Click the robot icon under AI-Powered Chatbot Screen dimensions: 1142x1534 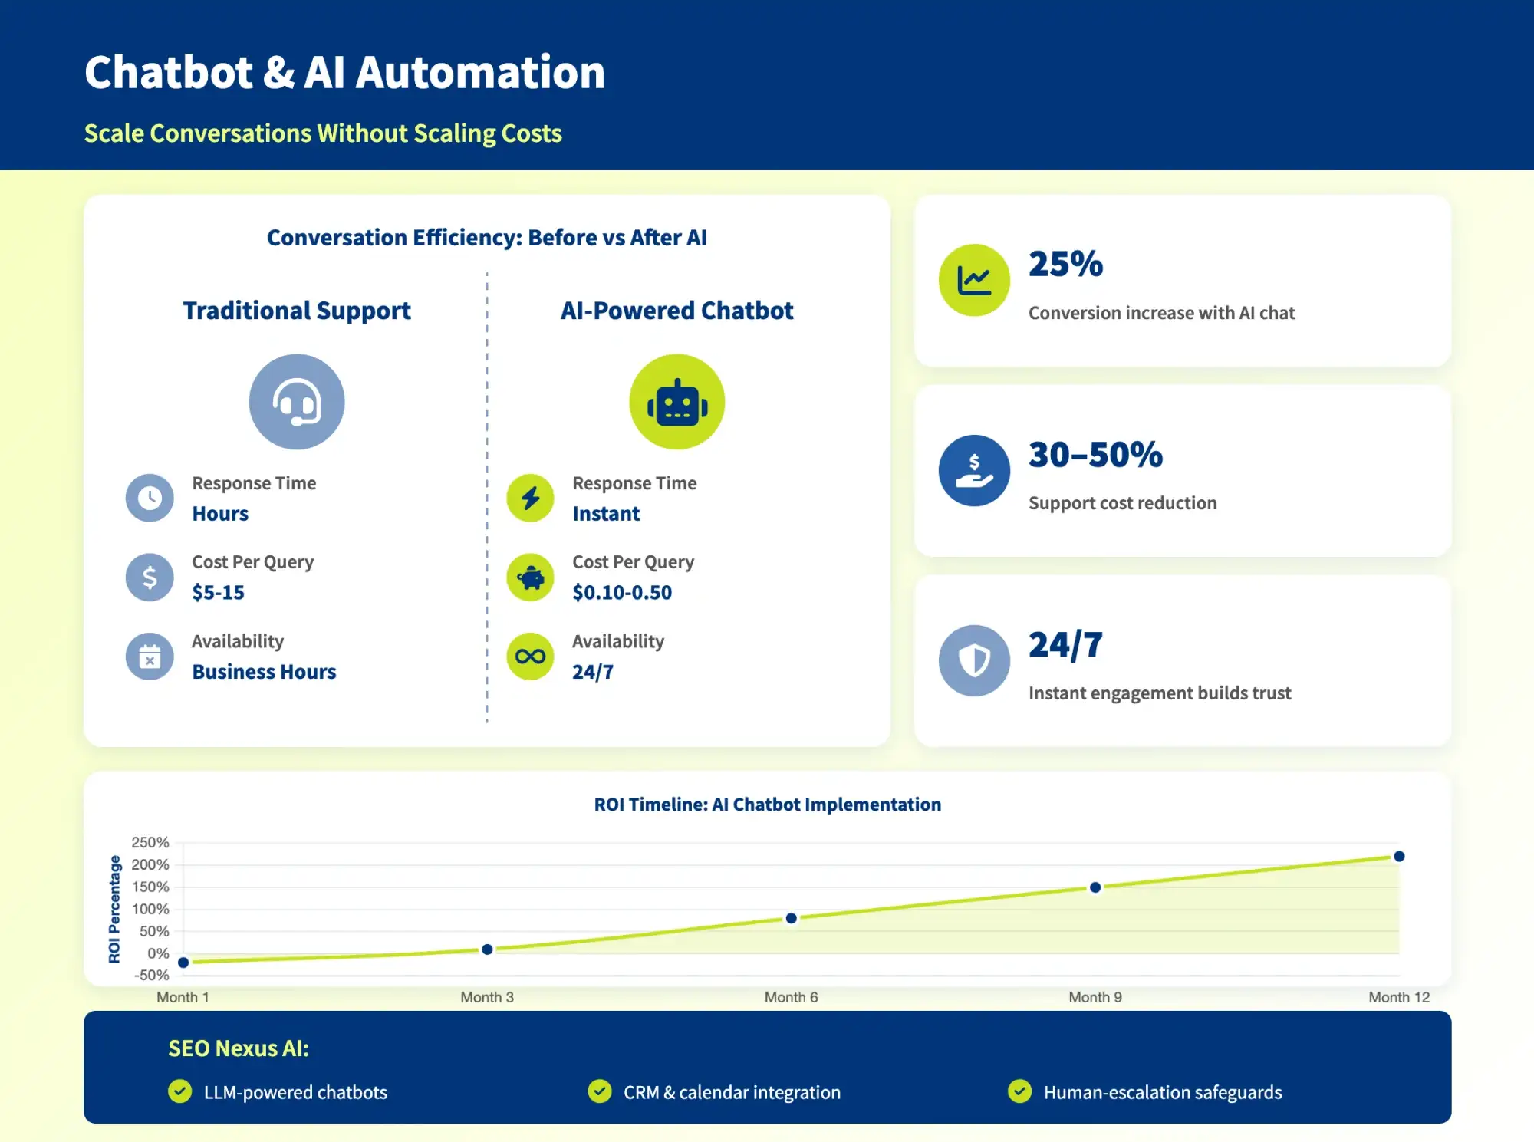tap(676, 402)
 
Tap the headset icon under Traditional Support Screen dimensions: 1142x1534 tap(297, 402)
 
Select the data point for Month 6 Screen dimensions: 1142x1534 tap(791, 918)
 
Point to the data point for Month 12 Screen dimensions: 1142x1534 tap(1399, 856)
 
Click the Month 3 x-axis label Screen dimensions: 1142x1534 tap(487, 997)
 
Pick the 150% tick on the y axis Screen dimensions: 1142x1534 tap(150, 887)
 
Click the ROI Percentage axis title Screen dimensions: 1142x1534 tap(114, 909)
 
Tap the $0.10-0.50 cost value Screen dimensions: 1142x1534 tap(622, 592)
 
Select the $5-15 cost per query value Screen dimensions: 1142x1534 tap(218, 592)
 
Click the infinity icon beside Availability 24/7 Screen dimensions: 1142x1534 tap(530, 657)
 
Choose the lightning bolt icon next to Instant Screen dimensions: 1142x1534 tap(530, 499)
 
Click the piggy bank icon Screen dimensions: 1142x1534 tap(530, 578)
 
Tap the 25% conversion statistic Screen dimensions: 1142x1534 tap(1065, 264)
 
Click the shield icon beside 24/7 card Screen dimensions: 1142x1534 tap(974, 660)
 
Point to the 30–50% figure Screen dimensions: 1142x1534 tap(1095, 454)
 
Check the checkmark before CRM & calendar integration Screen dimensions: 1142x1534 tap(600, 1091)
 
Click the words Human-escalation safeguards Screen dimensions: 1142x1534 tap(1162, 1092)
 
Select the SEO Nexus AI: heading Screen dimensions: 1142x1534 tap(239, 1048)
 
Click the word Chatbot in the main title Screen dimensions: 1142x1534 tap(169, 72)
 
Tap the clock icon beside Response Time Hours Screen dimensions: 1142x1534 tap(150, 499)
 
